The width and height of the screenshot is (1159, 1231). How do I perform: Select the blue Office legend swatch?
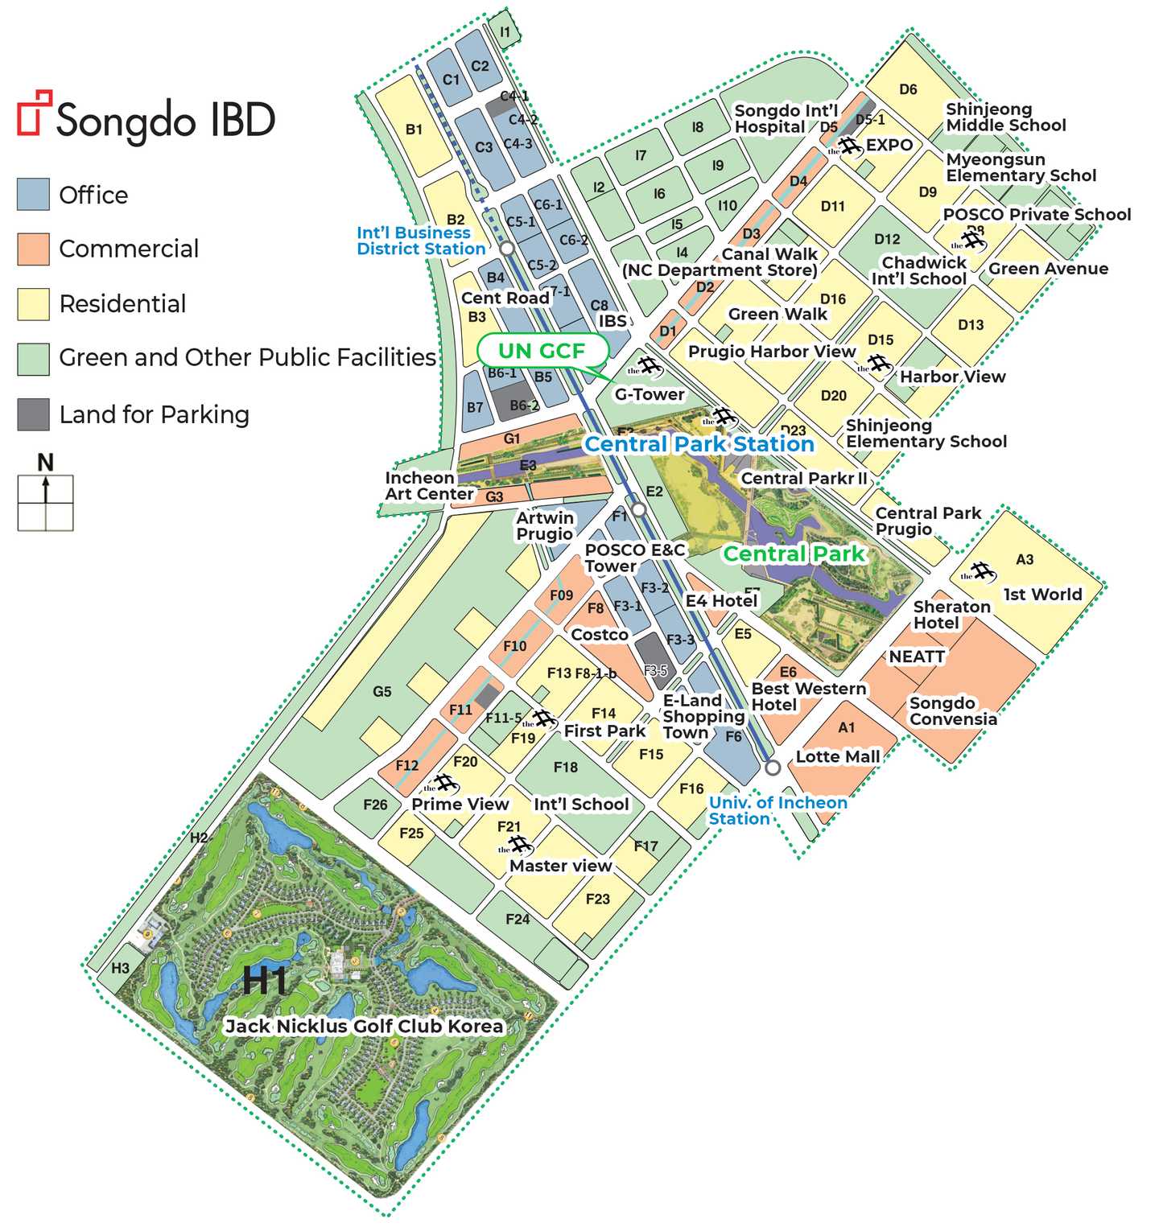point(33,195)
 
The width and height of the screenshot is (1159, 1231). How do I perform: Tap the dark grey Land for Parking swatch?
point(33,414)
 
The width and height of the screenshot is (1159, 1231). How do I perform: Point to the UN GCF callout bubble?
point(542,351)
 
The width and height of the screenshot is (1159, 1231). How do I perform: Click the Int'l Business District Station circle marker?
point(507,248)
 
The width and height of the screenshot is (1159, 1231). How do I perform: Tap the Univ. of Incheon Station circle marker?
point(773,767)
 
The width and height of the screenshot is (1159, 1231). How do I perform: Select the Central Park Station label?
point(699,444)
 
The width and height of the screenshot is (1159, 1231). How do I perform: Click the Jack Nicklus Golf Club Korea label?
point(364,1026)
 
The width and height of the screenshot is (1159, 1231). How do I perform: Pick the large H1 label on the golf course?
point(265,981)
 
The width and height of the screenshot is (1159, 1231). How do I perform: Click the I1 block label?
point(505,32)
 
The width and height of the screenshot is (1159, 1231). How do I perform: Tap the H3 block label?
point(121,968)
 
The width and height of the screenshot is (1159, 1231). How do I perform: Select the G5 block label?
point(382,691)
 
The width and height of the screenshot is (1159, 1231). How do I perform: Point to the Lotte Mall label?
point(838,756)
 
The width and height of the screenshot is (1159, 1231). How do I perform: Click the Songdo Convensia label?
point(953,711)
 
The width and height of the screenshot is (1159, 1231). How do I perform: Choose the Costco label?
point(600,635)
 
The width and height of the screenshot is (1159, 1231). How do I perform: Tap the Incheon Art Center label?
point(429,486)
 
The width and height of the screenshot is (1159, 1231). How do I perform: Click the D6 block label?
point(908,89)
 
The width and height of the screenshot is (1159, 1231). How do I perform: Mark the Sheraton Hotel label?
point(951,615)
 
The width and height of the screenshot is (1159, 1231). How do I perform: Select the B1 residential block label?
point(414,130)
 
